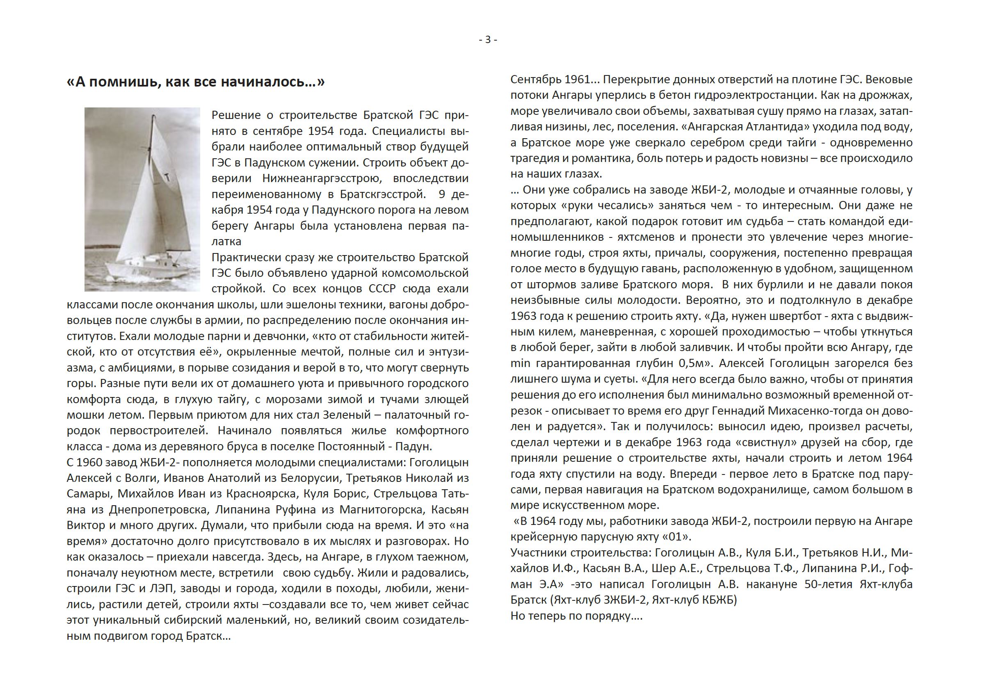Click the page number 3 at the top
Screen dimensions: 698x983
click(x=488, y=40)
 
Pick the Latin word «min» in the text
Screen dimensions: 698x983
click(x=520, y=364)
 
